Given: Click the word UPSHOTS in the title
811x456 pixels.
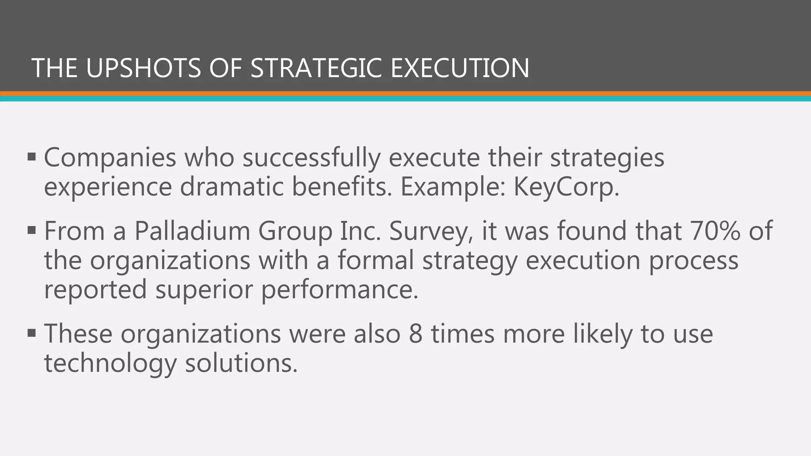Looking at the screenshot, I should click(x=143, y=68).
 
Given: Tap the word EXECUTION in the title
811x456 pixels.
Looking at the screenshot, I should click(x=459, y=68).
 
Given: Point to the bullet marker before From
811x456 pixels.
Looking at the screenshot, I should click(x=32, y=230).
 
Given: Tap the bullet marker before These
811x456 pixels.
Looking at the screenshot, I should click(x=32, y=333).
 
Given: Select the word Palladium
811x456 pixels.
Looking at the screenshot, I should click(x=192, y=231).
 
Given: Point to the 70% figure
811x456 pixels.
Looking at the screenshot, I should click(x=715, y=231).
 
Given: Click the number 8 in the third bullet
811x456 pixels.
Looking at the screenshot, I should click(x=416, y=334).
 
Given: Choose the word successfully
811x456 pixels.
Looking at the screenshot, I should click(x=311, y=158).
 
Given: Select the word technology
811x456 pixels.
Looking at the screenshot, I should click(x=110, y=363).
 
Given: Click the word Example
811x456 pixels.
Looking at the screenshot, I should click(x=453, y=187).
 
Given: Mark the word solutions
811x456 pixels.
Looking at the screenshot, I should click(x=241, y=363).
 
